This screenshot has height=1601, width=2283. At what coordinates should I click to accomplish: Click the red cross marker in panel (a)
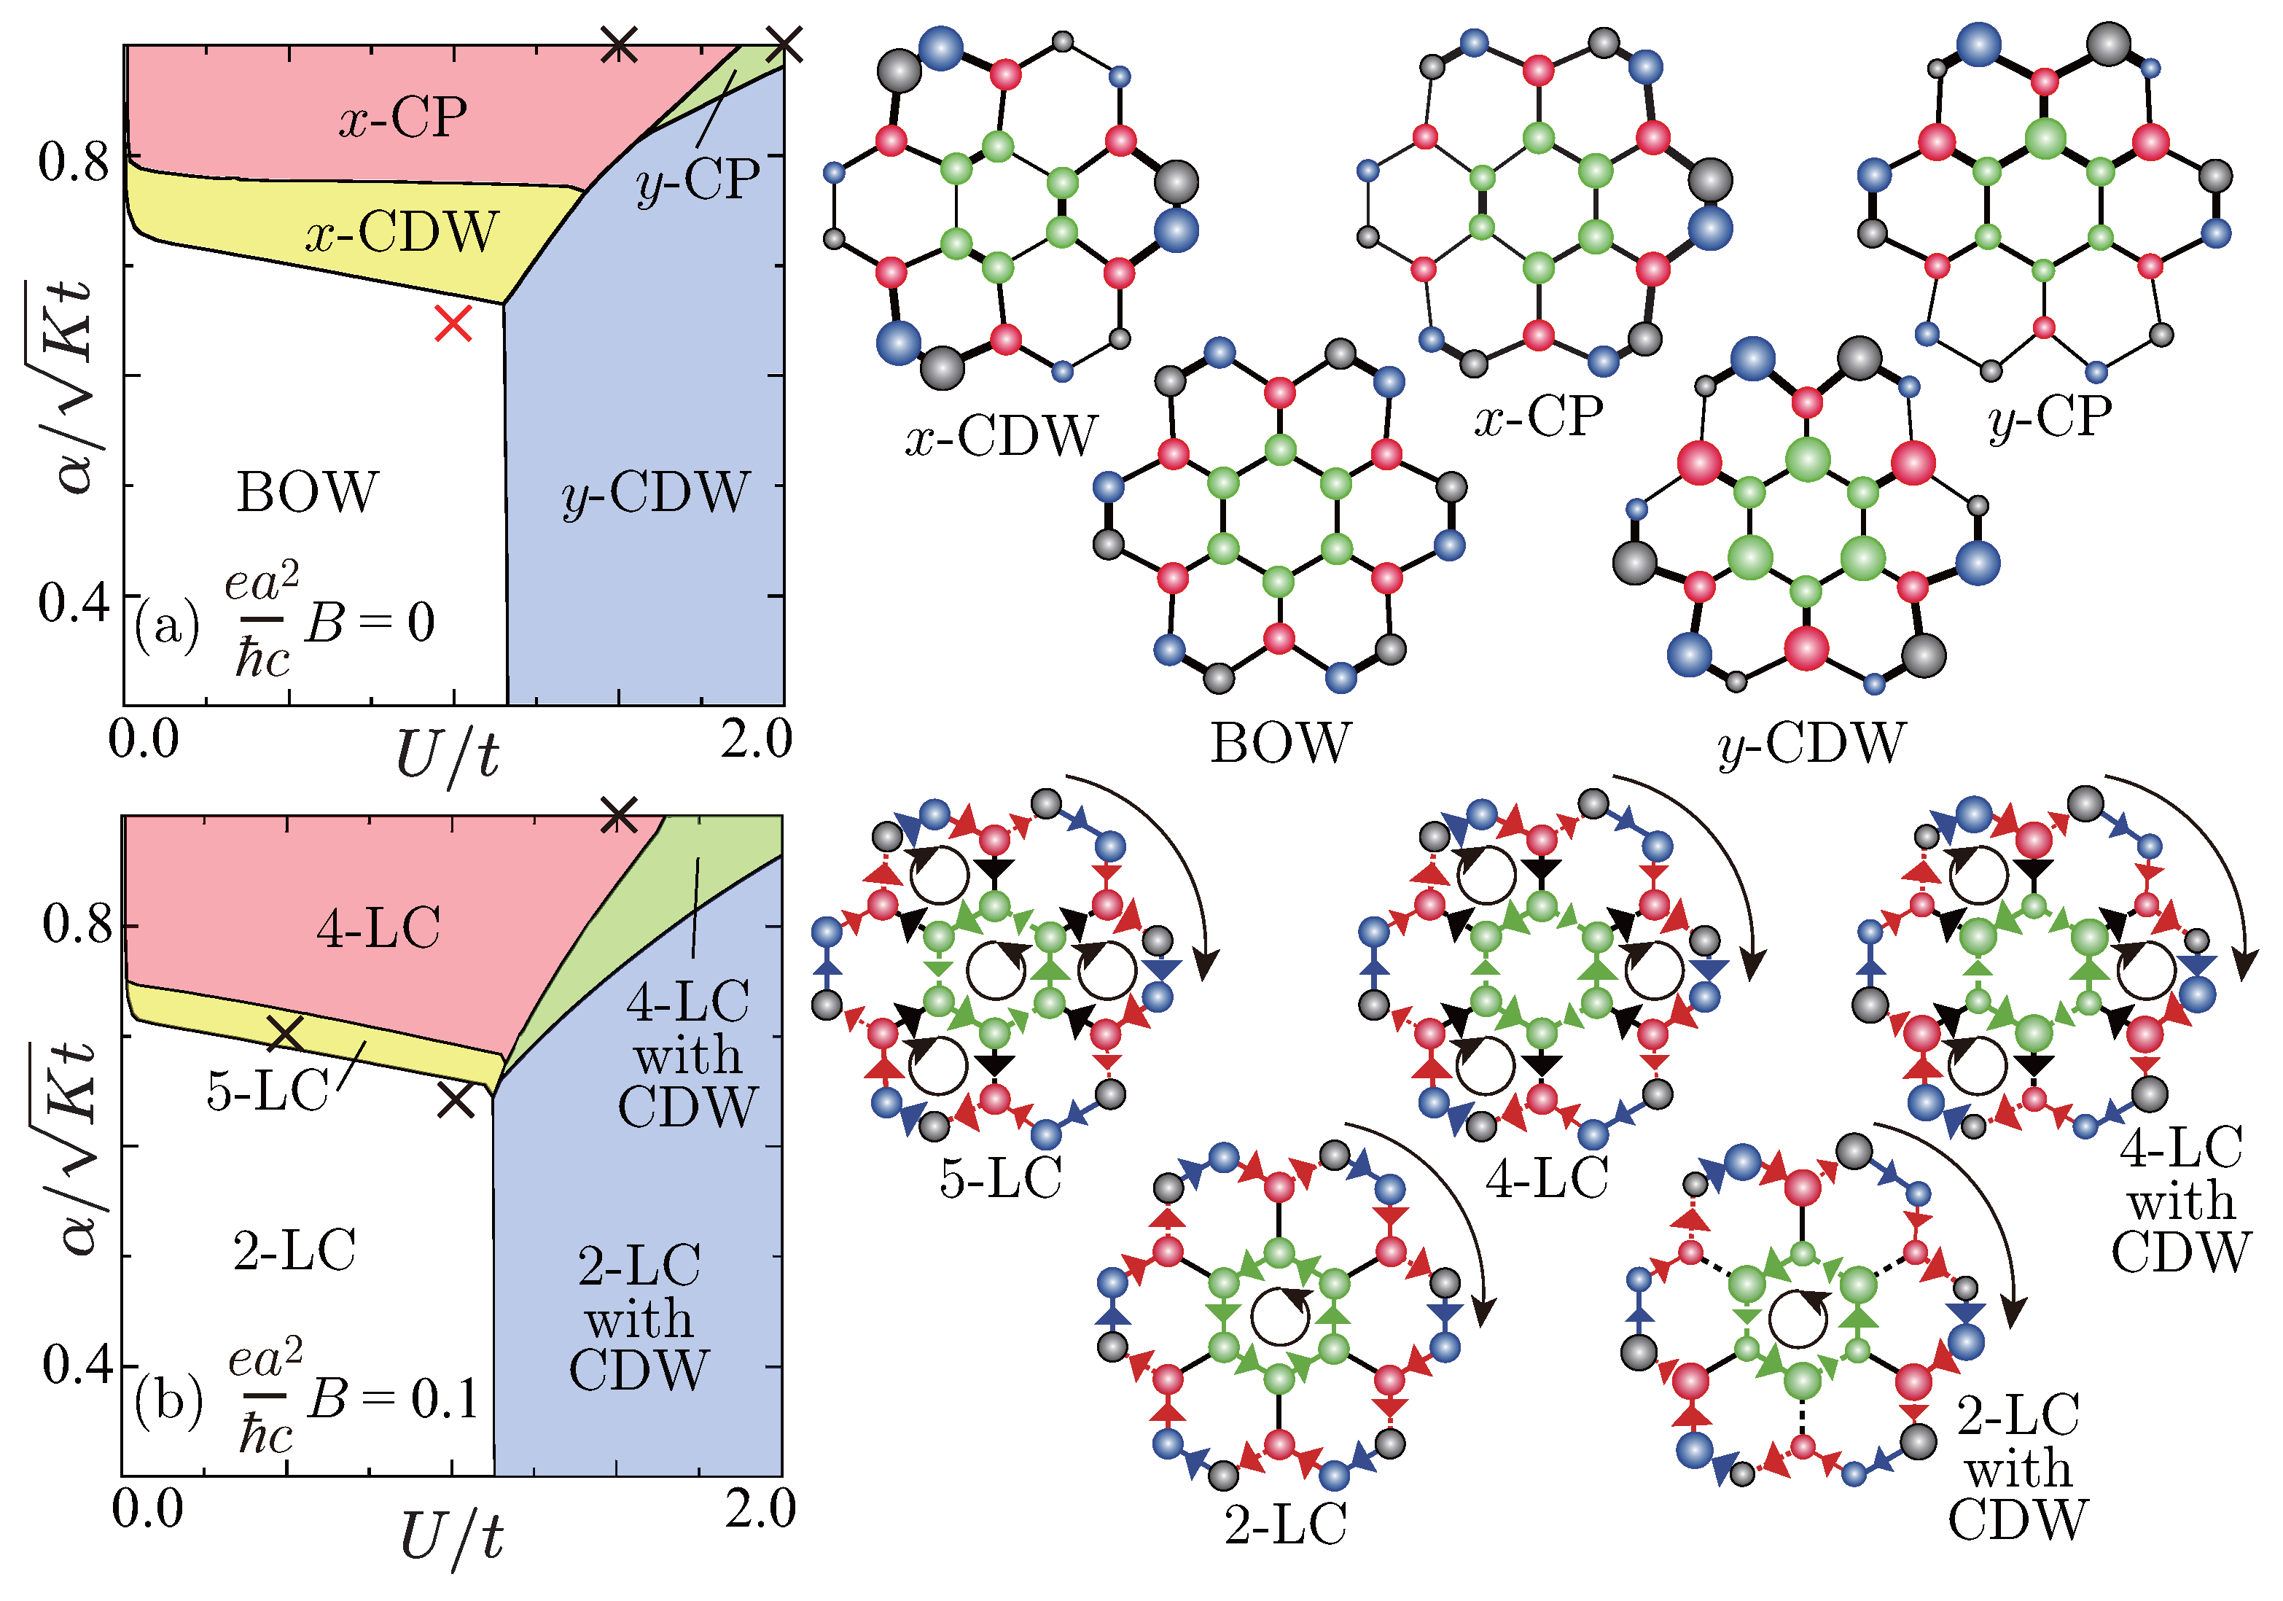click(453, 323)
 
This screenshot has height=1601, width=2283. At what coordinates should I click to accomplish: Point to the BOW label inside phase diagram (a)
click(308, 492)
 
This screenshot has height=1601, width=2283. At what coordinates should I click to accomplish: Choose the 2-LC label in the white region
click(294, 1251)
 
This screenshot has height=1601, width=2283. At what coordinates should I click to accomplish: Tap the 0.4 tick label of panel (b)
click(77, 1366)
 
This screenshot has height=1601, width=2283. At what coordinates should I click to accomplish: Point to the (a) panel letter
click(167, 626)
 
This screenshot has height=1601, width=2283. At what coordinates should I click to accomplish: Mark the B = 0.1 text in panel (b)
click(394, 1399)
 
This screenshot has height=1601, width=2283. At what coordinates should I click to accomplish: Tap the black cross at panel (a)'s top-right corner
click(784, 44)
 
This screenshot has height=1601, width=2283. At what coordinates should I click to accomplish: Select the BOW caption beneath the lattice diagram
click(1281, 743)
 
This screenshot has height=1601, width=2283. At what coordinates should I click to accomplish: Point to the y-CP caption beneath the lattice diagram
click(2050, 418)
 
